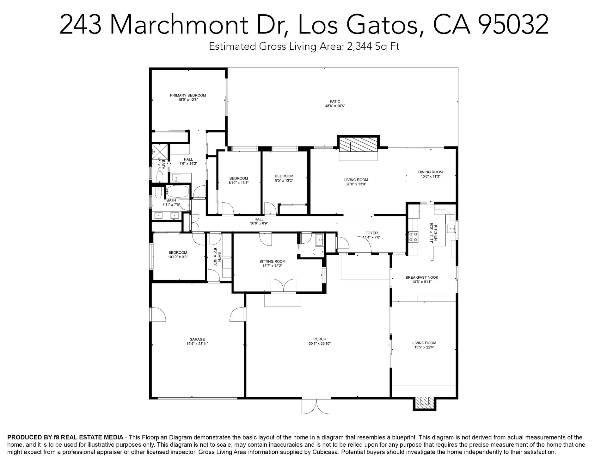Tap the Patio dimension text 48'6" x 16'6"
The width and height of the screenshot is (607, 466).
pos(335,106)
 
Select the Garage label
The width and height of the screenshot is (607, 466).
pos(197,339)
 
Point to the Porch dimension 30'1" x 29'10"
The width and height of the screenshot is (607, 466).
pos(320,343)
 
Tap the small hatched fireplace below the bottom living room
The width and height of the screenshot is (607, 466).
pos(425,403)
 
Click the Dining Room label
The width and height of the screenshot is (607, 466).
pos(430,172)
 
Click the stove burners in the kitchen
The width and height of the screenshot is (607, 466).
pos(414,236)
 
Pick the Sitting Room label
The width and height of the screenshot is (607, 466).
pos(272,261)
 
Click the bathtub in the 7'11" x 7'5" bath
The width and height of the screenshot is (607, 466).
pos(177,191)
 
